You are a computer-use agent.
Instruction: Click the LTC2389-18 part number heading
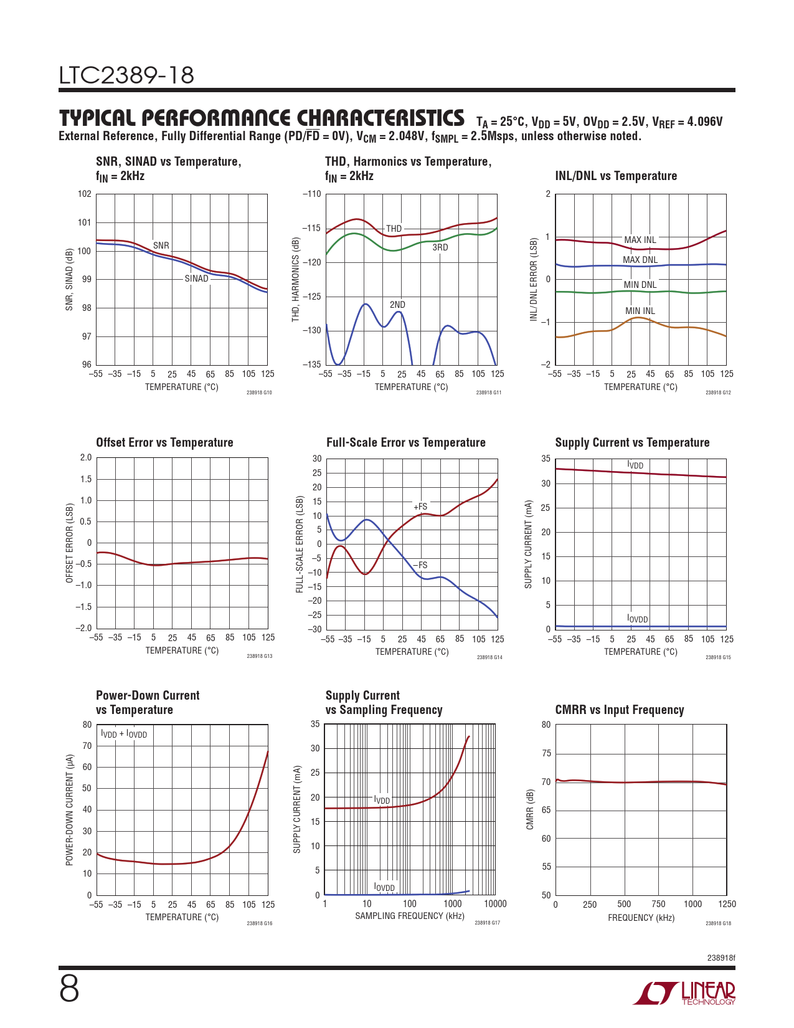(126, 76)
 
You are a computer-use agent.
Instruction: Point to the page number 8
(69, 989)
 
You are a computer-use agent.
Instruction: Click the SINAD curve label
(196, 278)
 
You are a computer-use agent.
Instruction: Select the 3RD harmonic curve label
(440, 247)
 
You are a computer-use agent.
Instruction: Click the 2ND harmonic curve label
(397, 305)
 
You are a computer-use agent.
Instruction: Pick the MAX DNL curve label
(640, 260)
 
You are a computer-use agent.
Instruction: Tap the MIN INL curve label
(640, 311)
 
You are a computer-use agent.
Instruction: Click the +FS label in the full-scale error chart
(420, 507)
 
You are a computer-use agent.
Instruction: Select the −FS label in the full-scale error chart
(420, 565)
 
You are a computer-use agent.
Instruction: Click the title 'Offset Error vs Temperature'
(164, 442)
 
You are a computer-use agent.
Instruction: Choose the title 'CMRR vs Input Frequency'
(620, 710)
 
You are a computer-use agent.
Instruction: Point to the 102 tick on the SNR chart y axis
(85, 194)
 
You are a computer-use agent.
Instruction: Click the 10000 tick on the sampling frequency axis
(495, 904)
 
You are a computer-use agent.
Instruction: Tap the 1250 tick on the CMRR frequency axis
(727, 904)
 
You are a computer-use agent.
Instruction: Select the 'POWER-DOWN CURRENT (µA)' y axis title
(70, 810)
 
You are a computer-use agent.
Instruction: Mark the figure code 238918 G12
(718, 393)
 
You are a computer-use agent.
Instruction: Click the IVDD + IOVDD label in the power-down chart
(124, 734)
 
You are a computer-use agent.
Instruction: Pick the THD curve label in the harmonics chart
(394, 229)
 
